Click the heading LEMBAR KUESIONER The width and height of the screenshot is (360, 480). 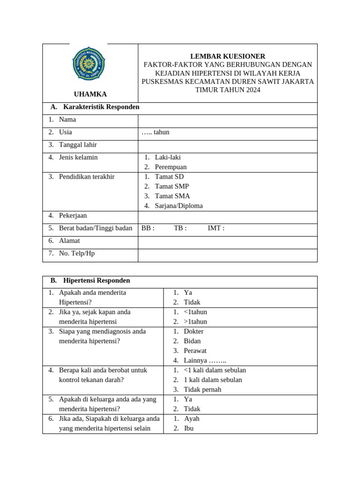click(227, 56)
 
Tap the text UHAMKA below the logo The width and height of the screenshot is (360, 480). click(90, 94)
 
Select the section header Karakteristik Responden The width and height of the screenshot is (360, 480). click(101, 107)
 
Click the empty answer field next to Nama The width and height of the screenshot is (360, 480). click(227, 120)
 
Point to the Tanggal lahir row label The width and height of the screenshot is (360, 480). click(78, 145)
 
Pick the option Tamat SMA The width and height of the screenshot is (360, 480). click(172, 196)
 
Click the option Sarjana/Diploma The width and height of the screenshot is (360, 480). click(179, 206)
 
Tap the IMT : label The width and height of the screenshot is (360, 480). click(216, 228)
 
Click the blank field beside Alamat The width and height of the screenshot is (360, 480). click(227, 241)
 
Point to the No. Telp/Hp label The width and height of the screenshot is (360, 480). click(76, 254)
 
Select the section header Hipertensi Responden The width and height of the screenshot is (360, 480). click(96, 280)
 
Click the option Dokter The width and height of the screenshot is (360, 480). click(194, 331)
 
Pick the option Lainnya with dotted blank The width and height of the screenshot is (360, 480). click(205, 360)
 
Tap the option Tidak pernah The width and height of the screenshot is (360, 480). click(202, 390)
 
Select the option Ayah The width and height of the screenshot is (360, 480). click(192, 419)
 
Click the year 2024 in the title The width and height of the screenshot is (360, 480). click(251, 90)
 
